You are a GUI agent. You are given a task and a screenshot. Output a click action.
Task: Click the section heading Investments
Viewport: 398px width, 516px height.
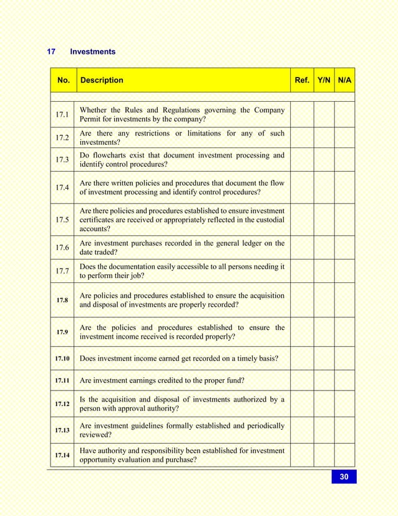(92, 52)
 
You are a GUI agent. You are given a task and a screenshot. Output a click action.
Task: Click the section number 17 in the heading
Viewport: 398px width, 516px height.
(52, 52)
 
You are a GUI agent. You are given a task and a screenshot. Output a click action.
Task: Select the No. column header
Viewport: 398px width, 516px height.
(63, 80)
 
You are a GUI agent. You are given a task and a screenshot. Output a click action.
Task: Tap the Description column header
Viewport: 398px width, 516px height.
(102, 80)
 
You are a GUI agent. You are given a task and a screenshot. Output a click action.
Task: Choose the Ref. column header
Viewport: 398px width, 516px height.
(302, 80)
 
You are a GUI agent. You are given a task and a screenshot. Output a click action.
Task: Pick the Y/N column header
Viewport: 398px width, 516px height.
(324, 80)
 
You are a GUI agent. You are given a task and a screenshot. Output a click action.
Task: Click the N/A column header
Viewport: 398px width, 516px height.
(344, 80)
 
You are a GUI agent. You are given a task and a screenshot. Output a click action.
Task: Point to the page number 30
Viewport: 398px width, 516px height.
(344, 477)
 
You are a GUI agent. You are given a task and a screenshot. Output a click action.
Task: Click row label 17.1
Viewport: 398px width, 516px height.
(62, 115)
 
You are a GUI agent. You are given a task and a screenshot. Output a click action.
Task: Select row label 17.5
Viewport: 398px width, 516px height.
(62, 220)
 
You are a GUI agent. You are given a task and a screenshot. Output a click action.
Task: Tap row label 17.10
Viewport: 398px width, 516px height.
(62, 359)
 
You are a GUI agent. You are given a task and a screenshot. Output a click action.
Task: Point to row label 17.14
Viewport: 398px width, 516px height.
(62, 455)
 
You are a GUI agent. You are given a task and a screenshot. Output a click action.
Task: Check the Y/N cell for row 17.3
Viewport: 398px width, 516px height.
(324, 160)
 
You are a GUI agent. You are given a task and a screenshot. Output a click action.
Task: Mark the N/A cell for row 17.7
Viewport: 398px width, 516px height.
(344, 271)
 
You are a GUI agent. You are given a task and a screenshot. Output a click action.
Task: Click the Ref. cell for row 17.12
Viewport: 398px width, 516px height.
(302, 404)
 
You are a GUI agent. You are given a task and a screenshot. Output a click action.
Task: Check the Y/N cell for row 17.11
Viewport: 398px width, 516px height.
(324, 380)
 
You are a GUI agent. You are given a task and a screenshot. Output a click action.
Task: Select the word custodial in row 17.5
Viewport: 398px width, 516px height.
(268, 220)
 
